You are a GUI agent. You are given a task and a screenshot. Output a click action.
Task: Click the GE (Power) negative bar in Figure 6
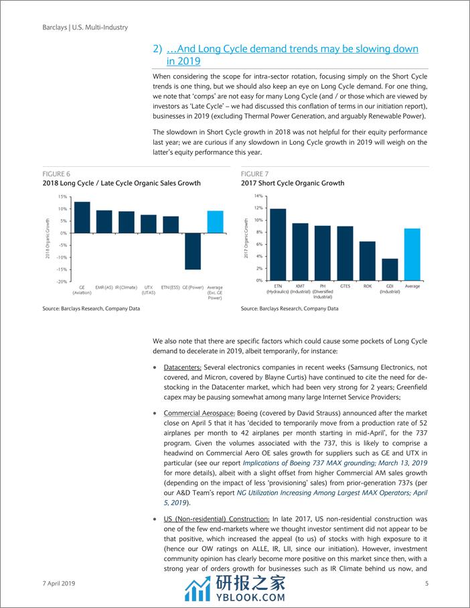click(193, 251)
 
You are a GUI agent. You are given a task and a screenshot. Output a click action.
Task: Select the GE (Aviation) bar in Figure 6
click(82, 217)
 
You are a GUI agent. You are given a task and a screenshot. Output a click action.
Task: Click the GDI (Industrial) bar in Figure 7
click(389, 269)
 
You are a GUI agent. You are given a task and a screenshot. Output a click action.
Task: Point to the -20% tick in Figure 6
click(61, 282)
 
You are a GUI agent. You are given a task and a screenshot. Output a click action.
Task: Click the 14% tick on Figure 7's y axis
click(258, 196)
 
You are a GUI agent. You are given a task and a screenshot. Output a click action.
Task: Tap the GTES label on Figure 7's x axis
click(345, 286)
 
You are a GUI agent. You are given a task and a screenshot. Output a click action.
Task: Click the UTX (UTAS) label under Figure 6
click(148, 290)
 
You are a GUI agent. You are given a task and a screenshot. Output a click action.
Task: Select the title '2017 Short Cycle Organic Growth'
click(293, 183)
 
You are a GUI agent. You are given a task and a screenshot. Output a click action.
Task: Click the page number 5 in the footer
click(426, 584)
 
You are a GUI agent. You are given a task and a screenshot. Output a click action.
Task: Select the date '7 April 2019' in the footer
click(56, 584)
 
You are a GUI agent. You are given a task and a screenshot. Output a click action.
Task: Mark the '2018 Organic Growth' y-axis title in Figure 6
click(48, 239)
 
